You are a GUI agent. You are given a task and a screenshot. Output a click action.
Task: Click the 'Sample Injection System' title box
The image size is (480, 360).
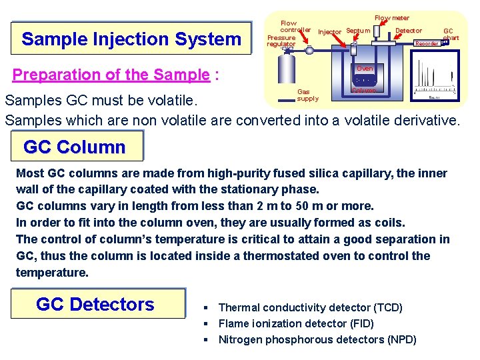131,39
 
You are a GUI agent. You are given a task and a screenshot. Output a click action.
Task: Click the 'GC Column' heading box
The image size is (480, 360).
75,147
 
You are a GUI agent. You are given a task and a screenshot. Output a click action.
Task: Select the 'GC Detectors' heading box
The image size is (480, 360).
95,305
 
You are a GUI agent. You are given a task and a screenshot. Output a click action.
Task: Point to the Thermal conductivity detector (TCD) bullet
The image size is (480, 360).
310,307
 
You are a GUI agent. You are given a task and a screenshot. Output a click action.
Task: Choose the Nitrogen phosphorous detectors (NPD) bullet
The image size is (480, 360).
317,339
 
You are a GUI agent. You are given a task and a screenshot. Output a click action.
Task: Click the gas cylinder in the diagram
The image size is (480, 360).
287,73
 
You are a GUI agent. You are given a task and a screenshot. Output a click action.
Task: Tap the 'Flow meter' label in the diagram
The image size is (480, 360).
392,18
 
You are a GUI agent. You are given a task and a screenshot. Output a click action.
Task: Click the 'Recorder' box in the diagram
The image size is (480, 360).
427,44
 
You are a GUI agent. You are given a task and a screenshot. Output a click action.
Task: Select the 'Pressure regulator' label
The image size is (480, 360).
281,41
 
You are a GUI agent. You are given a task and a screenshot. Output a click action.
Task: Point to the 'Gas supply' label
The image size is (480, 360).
307,95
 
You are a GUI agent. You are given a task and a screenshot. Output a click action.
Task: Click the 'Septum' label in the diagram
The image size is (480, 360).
358,31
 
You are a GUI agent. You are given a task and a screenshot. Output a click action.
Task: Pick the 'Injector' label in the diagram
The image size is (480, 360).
329,32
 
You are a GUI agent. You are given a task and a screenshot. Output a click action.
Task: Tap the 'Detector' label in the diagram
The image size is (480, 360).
409,31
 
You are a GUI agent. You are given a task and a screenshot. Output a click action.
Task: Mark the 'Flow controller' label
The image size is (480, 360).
295,27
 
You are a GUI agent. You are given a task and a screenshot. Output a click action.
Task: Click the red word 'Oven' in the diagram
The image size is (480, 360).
365,69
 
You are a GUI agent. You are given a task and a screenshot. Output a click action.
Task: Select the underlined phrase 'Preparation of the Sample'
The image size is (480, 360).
111,75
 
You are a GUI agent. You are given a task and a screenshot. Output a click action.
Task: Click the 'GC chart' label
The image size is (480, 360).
451,34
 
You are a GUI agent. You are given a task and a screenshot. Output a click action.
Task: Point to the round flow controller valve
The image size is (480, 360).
309,50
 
